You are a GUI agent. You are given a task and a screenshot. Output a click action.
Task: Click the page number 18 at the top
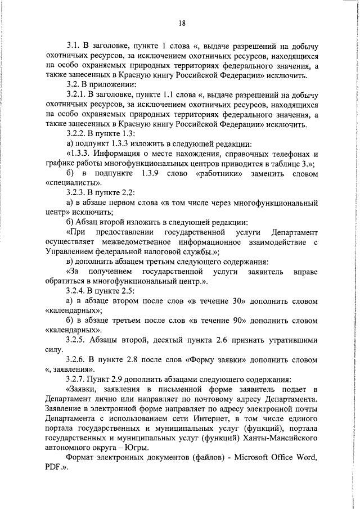pos(182,23)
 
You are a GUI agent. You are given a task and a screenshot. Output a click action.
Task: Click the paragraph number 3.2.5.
pos(78,339)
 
